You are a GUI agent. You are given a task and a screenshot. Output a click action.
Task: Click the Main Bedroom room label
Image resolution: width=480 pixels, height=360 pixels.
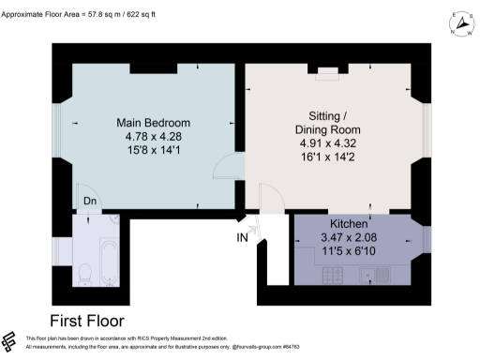[x=153, y=123]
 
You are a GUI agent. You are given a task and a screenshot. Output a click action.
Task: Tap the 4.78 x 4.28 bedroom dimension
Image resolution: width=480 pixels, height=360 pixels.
[x=153, y=137]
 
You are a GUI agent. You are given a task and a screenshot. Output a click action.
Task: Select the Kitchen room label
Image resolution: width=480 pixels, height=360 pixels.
[x=349, y=226]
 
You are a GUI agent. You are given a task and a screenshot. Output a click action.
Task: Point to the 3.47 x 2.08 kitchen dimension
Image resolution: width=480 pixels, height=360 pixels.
[x=349, y=239]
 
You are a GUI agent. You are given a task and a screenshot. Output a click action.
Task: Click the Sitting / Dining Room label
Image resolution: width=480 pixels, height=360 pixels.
[x=327, y=120]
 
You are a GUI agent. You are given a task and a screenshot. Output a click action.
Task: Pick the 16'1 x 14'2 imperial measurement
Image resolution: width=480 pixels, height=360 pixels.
[x=327, y=157]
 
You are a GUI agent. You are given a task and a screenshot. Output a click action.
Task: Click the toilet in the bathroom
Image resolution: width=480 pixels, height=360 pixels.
[x=83, y=273]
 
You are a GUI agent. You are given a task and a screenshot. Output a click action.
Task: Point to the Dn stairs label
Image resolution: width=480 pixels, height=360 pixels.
[x=89, y=201]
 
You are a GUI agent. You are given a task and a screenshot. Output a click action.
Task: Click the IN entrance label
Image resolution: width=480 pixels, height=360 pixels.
[x=243, y=238]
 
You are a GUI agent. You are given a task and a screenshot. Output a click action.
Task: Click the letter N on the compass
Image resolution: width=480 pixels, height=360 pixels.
[x=455, y=35]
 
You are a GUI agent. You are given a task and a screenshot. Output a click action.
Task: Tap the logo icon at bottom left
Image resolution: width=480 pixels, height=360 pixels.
[x=10, y=342]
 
